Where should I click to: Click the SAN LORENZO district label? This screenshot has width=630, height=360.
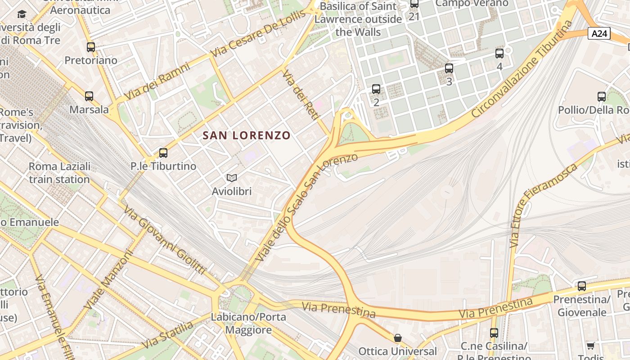[247, 135]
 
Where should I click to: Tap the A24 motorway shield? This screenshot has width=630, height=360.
[599, 33]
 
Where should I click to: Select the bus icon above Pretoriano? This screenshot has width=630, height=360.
[91, 47]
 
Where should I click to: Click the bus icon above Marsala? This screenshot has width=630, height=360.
[89, 96]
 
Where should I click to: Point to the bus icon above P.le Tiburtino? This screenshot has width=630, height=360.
[163, 153]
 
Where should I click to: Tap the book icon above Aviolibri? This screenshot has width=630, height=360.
[232, 178]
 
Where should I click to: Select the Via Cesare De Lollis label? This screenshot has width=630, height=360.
[258, 34]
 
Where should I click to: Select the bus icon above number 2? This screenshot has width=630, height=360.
[376, 89]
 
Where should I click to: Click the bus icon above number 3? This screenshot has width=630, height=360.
[449, 68]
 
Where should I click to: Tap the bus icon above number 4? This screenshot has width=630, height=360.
[499, 54]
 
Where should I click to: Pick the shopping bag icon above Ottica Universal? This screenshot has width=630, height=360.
[398, 337]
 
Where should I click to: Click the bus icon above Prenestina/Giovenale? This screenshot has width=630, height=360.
[582, 286]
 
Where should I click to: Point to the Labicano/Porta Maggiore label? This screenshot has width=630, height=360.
[249, 323]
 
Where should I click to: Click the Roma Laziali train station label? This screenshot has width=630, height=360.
[59, 173]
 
